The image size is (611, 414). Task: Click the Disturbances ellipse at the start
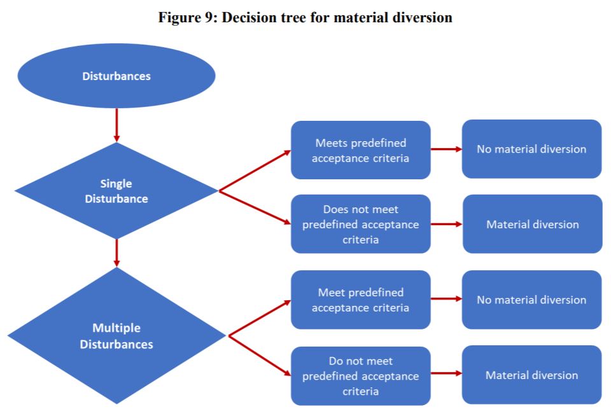116,76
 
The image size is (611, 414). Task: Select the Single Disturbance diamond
116,191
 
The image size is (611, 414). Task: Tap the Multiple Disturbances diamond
116,336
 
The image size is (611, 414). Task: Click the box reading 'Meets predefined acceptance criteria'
360,150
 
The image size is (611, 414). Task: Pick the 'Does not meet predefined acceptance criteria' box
360,224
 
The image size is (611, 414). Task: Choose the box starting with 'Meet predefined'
360,300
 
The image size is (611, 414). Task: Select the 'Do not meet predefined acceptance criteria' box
360,375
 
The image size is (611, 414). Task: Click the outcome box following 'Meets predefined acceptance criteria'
531,149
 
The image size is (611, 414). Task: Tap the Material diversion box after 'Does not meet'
532,224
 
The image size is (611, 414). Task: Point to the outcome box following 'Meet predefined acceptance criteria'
531,300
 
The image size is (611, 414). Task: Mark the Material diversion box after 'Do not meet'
531,375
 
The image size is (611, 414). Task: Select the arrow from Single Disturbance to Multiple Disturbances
116,252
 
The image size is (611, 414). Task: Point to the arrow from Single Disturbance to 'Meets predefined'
255,170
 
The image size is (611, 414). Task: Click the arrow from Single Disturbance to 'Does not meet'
255,207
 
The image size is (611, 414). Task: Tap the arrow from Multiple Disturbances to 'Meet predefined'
259,317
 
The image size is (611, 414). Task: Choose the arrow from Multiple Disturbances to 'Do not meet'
259,354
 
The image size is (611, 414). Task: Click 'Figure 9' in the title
184,18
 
